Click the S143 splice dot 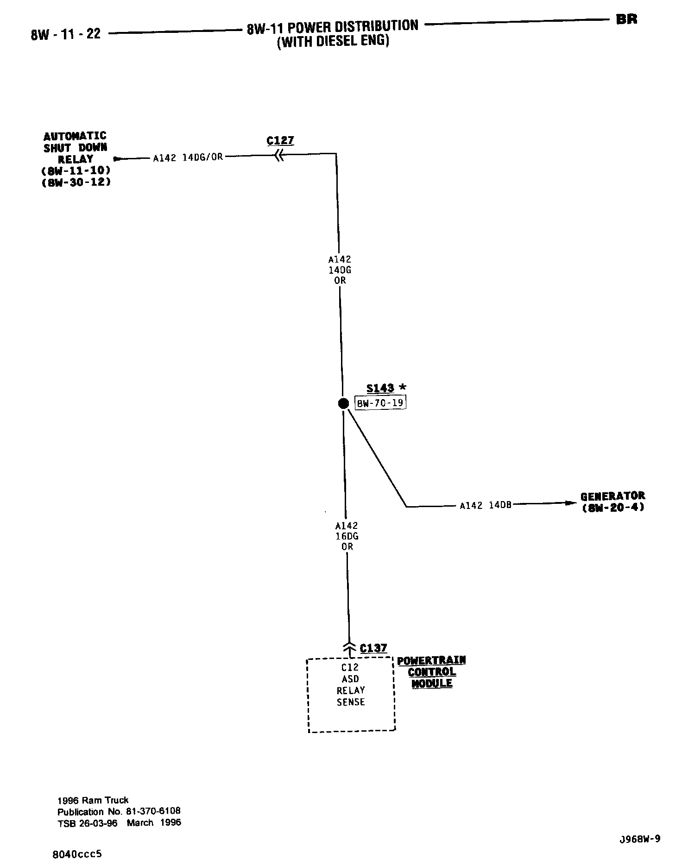coord(343,403)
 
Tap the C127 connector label coord(280,140)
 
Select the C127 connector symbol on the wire coord(278,157)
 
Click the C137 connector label coord(373,648)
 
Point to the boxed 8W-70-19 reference coord(380,403)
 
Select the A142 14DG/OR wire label coord(188,157)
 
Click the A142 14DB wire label coord(486,505)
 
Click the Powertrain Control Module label coord(432,671)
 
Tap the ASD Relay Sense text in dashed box coord(351,690)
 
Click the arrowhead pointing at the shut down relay coord(118,159)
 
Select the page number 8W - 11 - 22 coord(66,34)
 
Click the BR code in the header coord(626,19)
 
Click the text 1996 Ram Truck coord(93,800)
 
